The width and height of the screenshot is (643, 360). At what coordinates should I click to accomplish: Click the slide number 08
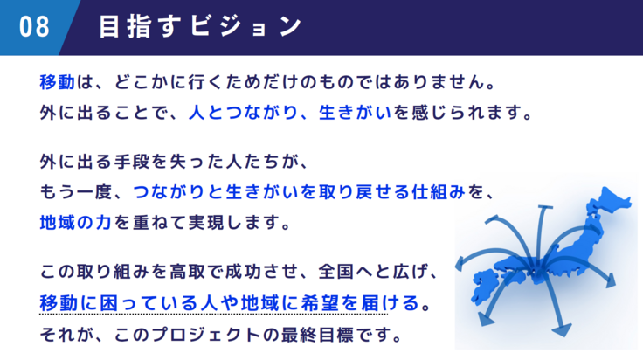point(34,27)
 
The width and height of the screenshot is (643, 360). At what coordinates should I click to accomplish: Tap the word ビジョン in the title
point(246,27)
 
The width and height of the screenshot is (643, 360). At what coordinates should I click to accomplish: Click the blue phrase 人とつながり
point(243,113)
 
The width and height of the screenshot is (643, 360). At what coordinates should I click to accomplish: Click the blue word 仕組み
point(439,192)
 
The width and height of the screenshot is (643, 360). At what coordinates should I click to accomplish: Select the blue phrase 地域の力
point(76,223)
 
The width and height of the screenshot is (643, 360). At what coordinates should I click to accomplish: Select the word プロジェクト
point(206,335)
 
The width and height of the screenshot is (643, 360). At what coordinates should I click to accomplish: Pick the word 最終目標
point(317,335)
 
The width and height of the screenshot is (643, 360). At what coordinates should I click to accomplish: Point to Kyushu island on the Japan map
point(485,286)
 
